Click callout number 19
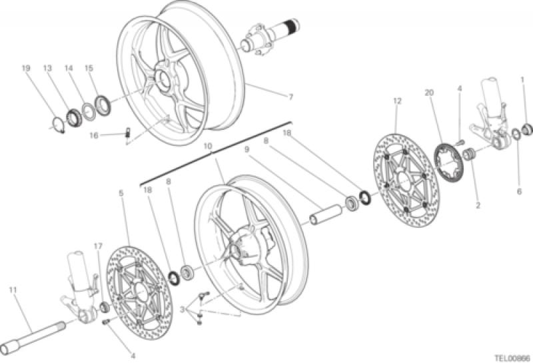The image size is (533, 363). (x=25, y=69)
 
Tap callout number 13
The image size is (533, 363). (x=47, y=69)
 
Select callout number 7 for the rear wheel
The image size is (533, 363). (x=290, y=97)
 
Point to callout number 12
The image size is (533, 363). (x=397, y=101)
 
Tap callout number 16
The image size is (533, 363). (x=94, y=135)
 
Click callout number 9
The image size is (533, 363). (x=246, y=151)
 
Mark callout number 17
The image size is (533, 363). (x=97, y=246)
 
